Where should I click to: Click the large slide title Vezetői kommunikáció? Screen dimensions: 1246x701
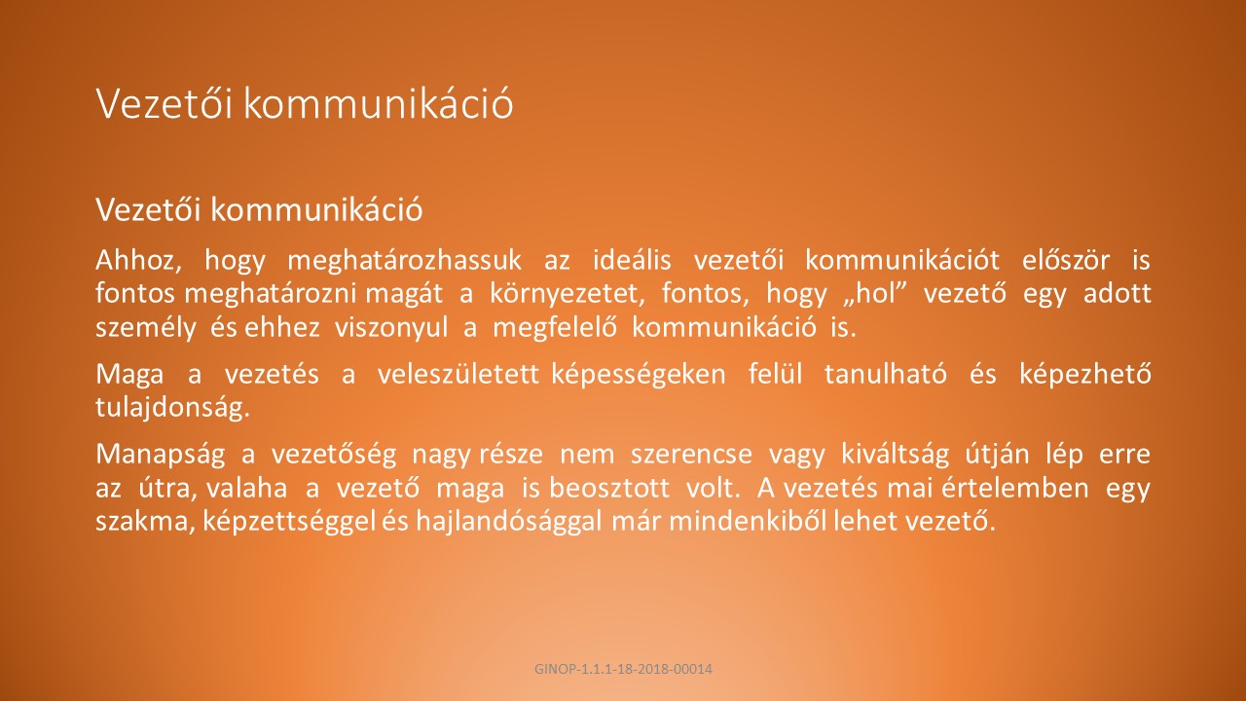[x=305, y=103]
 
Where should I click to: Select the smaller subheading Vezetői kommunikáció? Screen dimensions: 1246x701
[x=259, y=209]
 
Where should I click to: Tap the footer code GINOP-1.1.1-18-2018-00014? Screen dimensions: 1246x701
[x=623, y=669]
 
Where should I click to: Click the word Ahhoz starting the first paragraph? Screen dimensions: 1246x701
[x=138, y=260]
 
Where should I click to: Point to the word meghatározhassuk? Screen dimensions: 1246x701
[x=404, y=260]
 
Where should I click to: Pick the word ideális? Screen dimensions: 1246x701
[x=632, y=260]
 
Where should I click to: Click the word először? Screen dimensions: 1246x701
[x=1066, y=260]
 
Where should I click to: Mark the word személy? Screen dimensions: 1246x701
[x=146, y=328]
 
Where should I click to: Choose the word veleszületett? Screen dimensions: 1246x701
[x=458, y=374]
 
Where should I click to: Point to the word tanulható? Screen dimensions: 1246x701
[x=886, y=374]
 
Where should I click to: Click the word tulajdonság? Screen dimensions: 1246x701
[x=173, y=408]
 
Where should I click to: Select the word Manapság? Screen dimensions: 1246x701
[x=161, y=455]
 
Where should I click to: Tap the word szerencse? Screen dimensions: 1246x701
[x=691, y=455]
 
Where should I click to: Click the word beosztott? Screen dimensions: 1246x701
[x=609, y=488]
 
